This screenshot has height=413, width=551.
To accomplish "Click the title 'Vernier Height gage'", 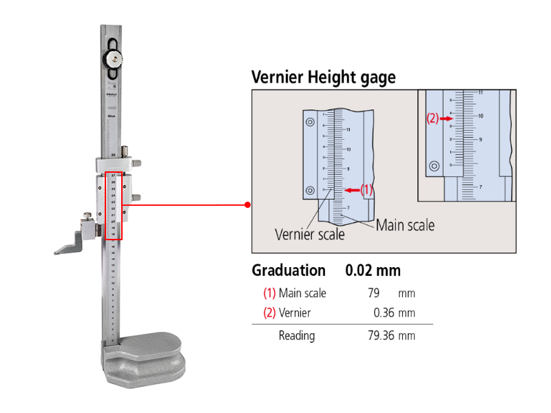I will click(x=323, y=76).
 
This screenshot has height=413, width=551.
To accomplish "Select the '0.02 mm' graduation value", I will click(x=373, y=271).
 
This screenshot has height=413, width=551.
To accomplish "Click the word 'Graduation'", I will click(x=289, y=271).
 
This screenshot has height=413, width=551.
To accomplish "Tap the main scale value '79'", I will click(x=374, y=293).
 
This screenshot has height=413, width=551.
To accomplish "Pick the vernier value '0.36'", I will click(x=385, y=313).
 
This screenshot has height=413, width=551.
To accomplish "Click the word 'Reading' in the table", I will click(x=297, y=336).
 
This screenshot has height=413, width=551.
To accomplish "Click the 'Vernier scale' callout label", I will click(x=310, y=234).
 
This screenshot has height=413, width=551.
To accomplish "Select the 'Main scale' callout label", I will click(x=405, y=225).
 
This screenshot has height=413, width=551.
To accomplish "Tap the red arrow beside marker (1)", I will click(x=352, y=190).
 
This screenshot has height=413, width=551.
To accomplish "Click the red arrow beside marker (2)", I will click(x=446, y=118).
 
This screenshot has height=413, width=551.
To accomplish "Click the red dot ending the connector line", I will click(x=247, y=204).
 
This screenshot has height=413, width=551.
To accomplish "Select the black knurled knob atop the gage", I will click(x=114, y=56).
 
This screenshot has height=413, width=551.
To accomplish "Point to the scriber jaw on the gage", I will click(x=69, y=245).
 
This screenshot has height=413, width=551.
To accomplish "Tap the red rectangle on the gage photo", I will click(x=114, y=206).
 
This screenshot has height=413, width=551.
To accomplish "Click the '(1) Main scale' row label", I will click(x=295, y=293).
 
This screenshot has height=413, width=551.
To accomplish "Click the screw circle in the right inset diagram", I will click(x=434, y=166).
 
